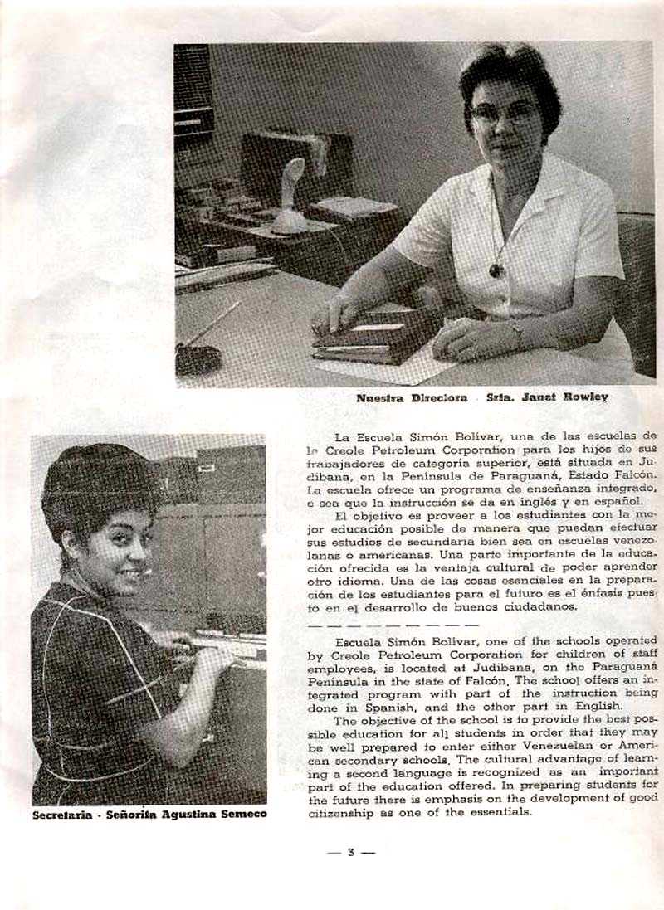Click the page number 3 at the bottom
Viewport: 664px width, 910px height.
[351, 852]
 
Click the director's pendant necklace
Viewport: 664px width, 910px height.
[496, 270]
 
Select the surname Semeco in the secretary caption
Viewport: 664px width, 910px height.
[240, 815]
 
